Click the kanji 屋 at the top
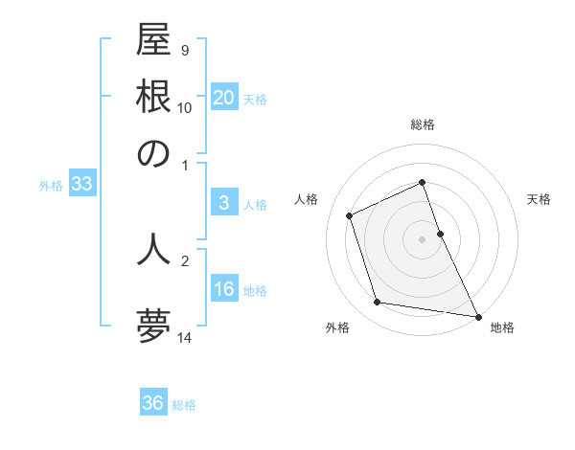(153, 45)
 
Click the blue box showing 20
(223, 98)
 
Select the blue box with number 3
(223, 203)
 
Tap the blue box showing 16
(223, 290)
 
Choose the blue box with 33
(80, 185)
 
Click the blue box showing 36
(153, 403)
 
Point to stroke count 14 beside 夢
(185, 336)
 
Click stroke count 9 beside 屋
(184, 49)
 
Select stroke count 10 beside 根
(185, 108)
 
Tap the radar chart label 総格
(423, 124)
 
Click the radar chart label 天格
(539, 199)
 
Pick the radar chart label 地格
(502, 327)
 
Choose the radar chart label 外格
(337, 327)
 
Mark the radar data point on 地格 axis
(477, 315)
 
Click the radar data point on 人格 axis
(350, 215)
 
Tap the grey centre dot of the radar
(423, 238)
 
